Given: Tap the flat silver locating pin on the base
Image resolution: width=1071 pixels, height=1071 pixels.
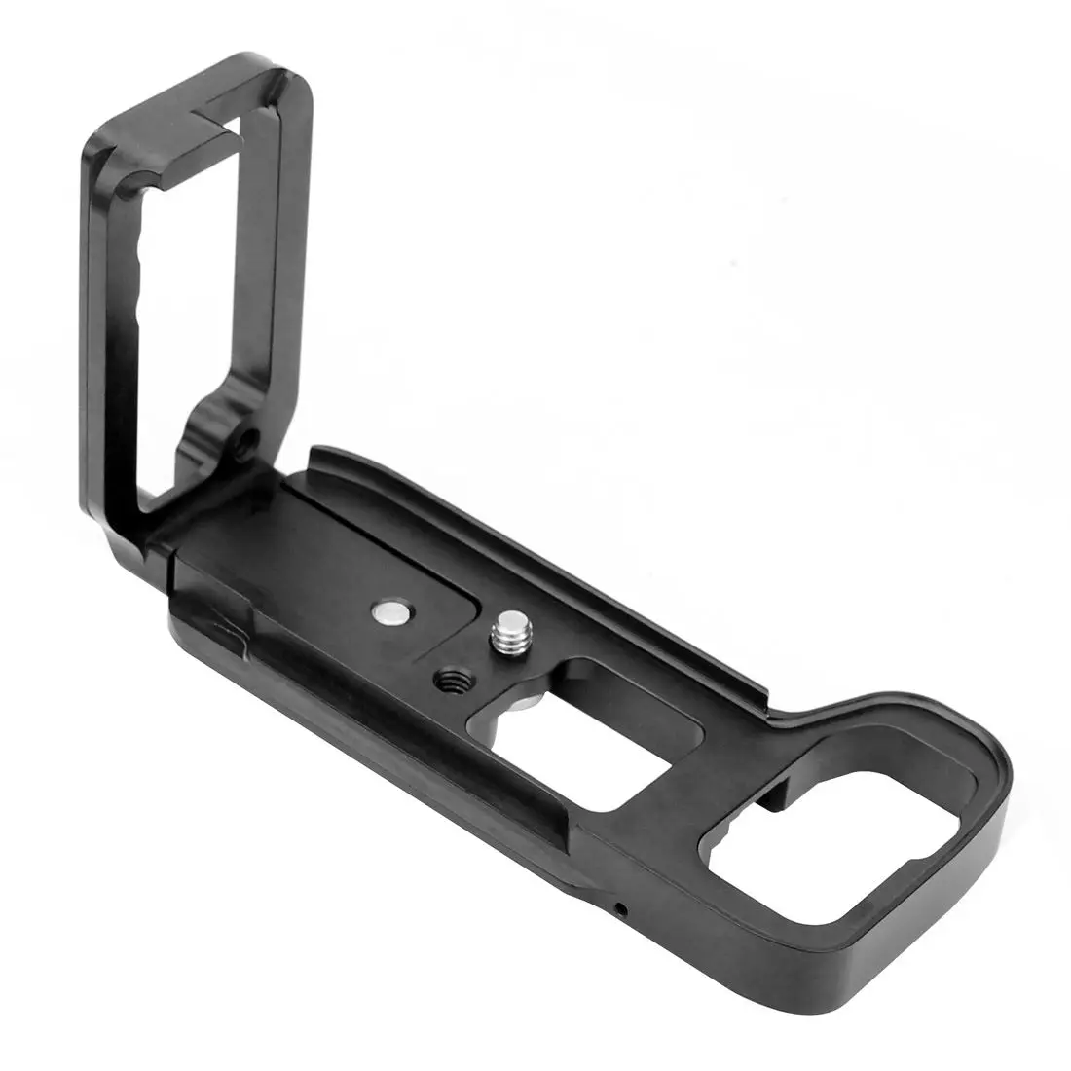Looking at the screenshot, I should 391,612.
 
